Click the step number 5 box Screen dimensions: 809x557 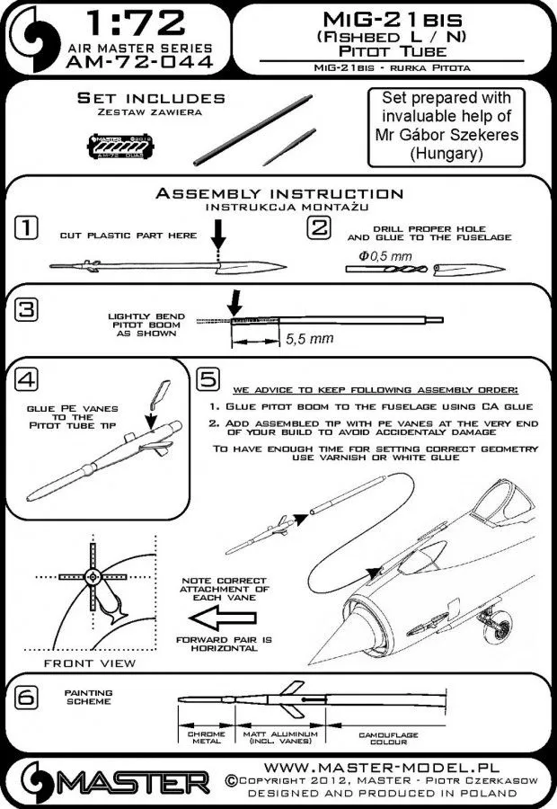coord(207,380)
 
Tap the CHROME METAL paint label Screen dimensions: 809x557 coord(207,739)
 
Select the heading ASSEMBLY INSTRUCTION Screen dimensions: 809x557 coord(279,193)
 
